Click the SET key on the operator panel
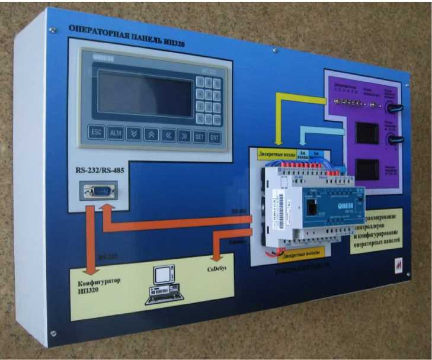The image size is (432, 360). click(x=199, y=137)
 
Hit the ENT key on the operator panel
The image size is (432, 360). click(x=214, y=137)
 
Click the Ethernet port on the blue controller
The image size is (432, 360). click(x=311, y=208)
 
